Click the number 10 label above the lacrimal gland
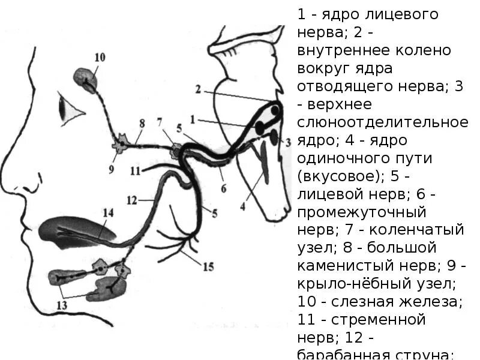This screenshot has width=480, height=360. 100,58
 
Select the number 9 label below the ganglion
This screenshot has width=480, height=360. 112,169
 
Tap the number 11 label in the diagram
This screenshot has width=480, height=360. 134,170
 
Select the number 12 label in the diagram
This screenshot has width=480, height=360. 133,200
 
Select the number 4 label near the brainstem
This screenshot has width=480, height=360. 242,206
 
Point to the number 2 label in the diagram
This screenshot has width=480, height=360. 197,89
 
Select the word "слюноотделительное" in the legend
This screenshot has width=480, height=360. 382,122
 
